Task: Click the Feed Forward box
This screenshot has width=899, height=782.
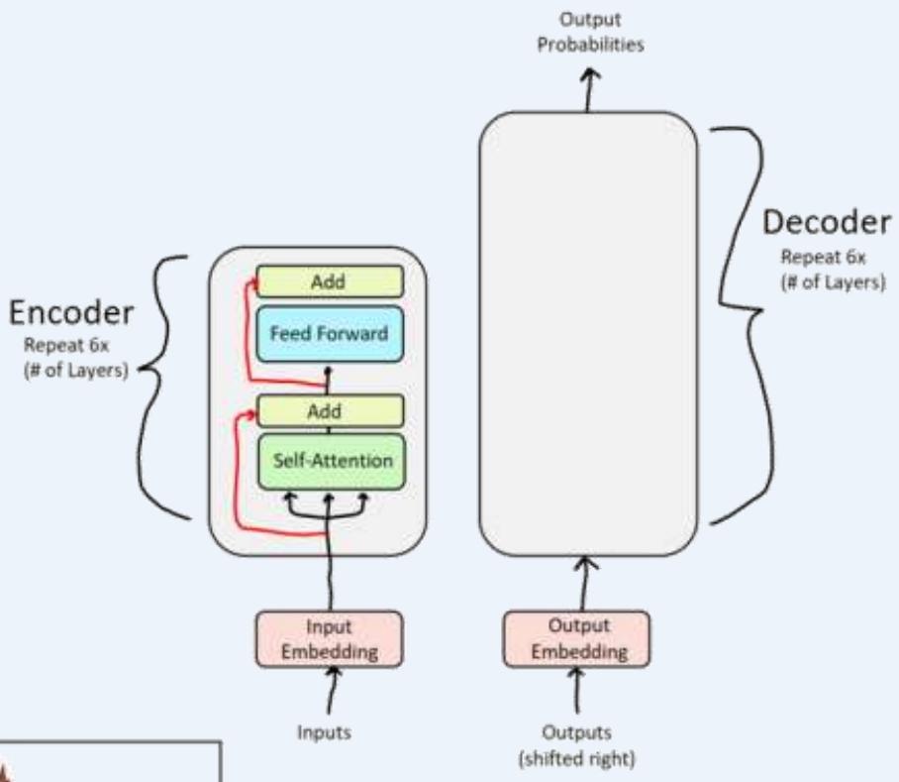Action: [x=329, y=335]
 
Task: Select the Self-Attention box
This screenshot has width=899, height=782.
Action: [x=330, y=461]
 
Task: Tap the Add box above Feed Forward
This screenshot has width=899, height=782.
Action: [x=329, y=282]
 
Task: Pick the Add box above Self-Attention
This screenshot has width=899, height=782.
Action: [x=329, y=410]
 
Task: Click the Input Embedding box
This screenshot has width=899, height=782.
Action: [x=329, y=638]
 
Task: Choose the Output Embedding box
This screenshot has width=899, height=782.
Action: [x=576, y=638]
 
